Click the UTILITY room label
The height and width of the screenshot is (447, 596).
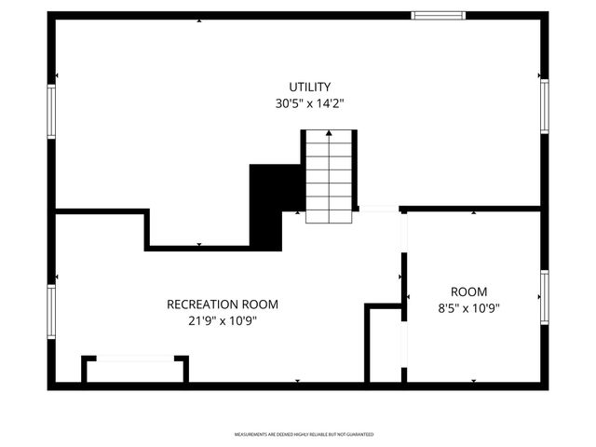point(309,87)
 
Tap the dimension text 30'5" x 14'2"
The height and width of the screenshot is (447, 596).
point(309,105)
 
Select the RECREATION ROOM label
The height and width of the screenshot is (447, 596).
point(222,304)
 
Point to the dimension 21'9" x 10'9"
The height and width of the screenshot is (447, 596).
point(222,320)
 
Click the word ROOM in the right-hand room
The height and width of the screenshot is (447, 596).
point(468,291)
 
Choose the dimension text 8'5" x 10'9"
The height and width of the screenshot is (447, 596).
point(468,308)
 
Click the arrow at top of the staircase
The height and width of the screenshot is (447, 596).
point(329,135)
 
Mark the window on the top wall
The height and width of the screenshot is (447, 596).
point(439,15)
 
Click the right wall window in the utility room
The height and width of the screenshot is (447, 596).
point(544,106)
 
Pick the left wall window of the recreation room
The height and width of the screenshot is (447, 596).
point(52,312)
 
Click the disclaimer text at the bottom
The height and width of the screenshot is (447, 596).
point(304,434)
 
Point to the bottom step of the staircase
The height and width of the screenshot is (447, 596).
point(329,216)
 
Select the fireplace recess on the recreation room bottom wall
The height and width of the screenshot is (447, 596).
point(135,370)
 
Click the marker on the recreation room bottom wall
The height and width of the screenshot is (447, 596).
point(297,381)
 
